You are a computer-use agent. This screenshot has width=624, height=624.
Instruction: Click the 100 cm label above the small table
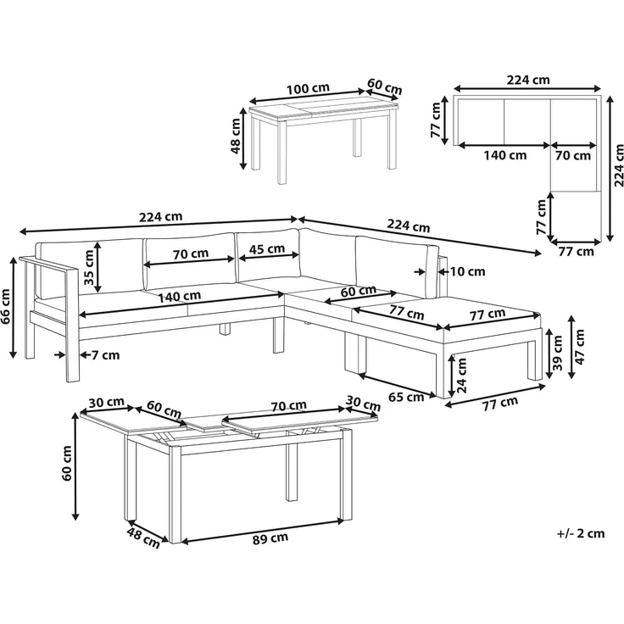coord(308,88)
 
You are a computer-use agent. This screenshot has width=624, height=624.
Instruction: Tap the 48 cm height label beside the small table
coord(235,136)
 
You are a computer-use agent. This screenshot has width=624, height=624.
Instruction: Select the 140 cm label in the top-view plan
coord(505,155)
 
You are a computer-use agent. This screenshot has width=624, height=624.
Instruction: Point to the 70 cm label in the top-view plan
coord(572,155)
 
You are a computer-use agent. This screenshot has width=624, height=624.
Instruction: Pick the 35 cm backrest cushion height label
coord(89,267)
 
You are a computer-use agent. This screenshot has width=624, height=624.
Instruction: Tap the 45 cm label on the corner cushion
coord(266,249)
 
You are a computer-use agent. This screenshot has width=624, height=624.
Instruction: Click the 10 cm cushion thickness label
coord(467,272)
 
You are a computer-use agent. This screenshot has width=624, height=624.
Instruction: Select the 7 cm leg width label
coord(105,354)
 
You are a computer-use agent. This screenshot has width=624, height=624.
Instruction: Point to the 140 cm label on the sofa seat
coord(179,297)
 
